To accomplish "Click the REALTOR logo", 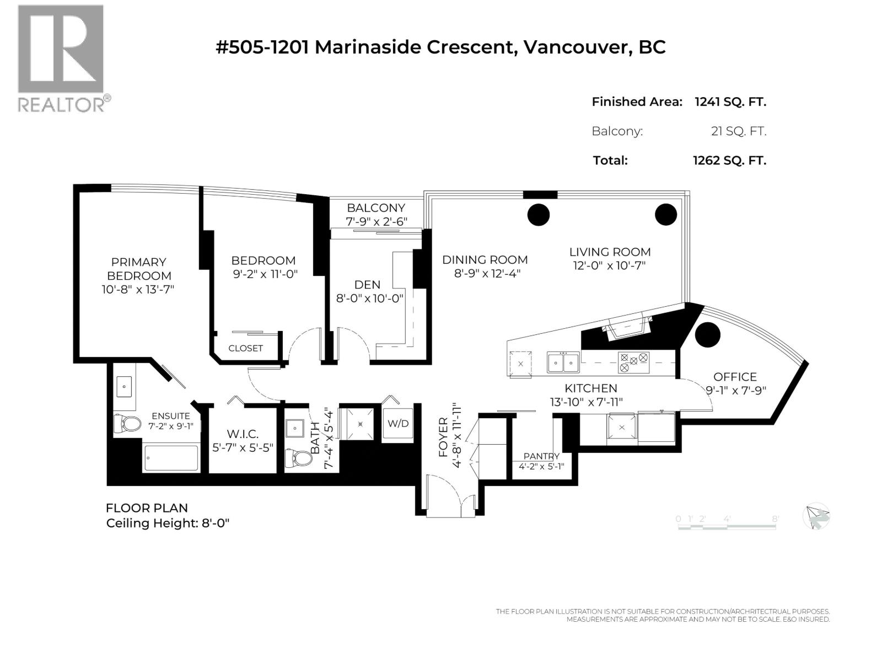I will pos(61,58).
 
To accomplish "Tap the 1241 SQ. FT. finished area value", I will pos(730,102).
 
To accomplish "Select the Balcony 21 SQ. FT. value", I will pos(738,131).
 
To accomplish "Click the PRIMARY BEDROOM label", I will pos(138,269).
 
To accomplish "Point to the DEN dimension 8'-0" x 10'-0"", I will pos(370,298).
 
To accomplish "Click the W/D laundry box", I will pos(398,424).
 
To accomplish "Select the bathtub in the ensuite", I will pos(171,458).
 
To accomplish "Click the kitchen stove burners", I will pos(633,361).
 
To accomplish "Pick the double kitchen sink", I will pos(563,362).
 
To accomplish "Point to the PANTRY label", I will pos(541,456).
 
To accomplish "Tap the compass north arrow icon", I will pos(816,517).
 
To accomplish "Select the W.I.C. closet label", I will pos(243,434).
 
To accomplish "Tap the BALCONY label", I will pos(375,208).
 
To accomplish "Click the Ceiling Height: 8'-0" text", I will pos(168,523).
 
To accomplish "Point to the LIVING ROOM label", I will pos(610,252).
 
